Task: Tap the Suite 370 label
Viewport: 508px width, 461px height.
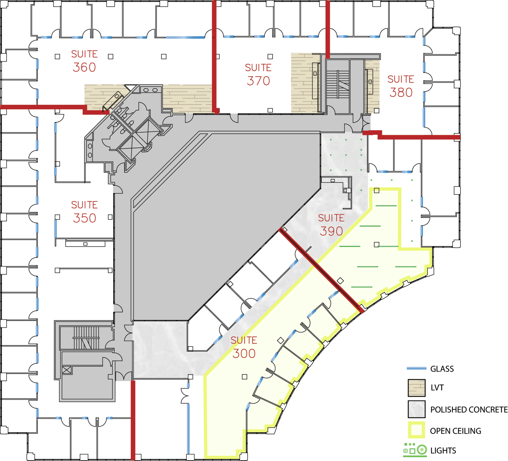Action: coord(258,75)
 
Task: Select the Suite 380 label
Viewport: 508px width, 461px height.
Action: coord(400,86)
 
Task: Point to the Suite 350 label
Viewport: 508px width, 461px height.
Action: coord(84,212)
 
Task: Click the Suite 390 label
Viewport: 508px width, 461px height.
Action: coord(331,225)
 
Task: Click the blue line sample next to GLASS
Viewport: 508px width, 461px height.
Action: coord(416,368)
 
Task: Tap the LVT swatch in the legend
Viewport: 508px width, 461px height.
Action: coord(416,388)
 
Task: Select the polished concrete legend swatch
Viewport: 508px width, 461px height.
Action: coord(416,409)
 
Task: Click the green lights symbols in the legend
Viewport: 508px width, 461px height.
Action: coord(415,450)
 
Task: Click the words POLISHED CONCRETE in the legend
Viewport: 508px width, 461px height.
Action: coord(468,410)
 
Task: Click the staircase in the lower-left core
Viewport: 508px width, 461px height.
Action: coord(86,338)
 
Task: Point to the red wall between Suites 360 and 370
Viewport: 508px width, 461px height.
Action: coord(214,56)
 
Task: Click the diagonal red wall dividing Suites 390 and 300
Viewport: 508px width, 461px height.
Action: coord(320,270)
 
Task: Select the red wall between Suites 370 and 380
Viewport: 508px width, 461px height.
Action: coord(328,28)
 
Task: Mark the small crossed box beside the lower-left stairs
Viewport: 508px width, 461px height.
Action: coord(67,370)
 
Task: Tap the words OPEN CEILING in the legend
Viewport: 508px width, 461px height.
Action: coord(455,431)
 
